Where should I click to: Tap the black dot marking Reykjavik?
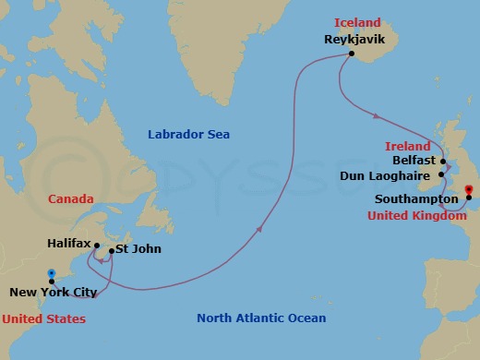coord(352,54)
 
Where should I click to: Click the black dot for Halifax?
coord(94,246)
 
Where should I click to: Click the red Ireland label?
coord(407,146)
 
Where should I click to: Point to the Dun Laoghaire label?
coord(388,174)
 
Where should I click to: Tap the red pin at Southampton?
coord(468,193)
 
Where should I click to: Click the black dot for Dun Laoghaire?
coord(440,174)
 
